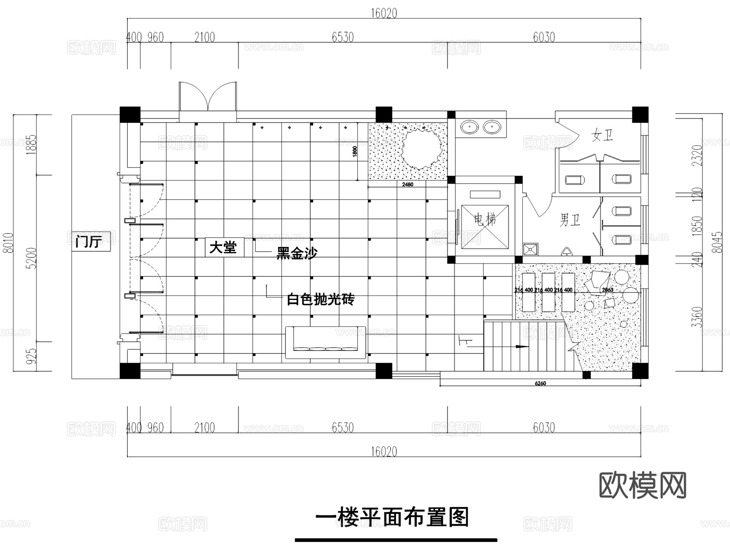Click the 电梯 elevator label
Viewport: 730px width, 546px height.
tap(485, 220)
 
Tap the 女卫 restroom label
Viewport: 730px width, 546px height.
tap(602, 135)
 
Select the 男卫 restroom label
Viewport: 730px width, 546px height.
tap(570, 220)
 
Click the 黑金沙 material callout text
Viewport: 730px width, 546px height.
tap(296, 253)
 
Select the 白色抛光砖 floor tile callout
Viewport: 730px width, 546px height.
tap(320, 300)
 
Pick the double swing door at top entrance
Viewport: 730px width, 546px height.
tap(208, 97)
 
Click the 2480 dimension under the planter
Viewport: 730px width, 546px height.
tap(408, 184)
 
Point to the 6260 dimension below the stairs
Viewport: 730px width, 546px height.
tap(540, 383)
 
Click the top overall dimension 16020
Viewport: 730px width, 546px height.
tap(384, 13)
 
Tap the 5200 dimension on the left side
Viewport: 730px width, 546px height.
tap(32, 258)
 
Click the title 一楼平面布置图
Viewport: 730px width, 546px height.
tap(392, 518)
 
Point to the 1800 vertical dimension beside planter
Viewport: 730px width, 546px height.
tap(355, 152)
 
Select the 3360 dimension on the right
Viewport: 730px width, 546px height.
tap(696, 317)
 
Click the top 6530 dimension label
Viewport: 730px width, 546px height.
tap(343, 37)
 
